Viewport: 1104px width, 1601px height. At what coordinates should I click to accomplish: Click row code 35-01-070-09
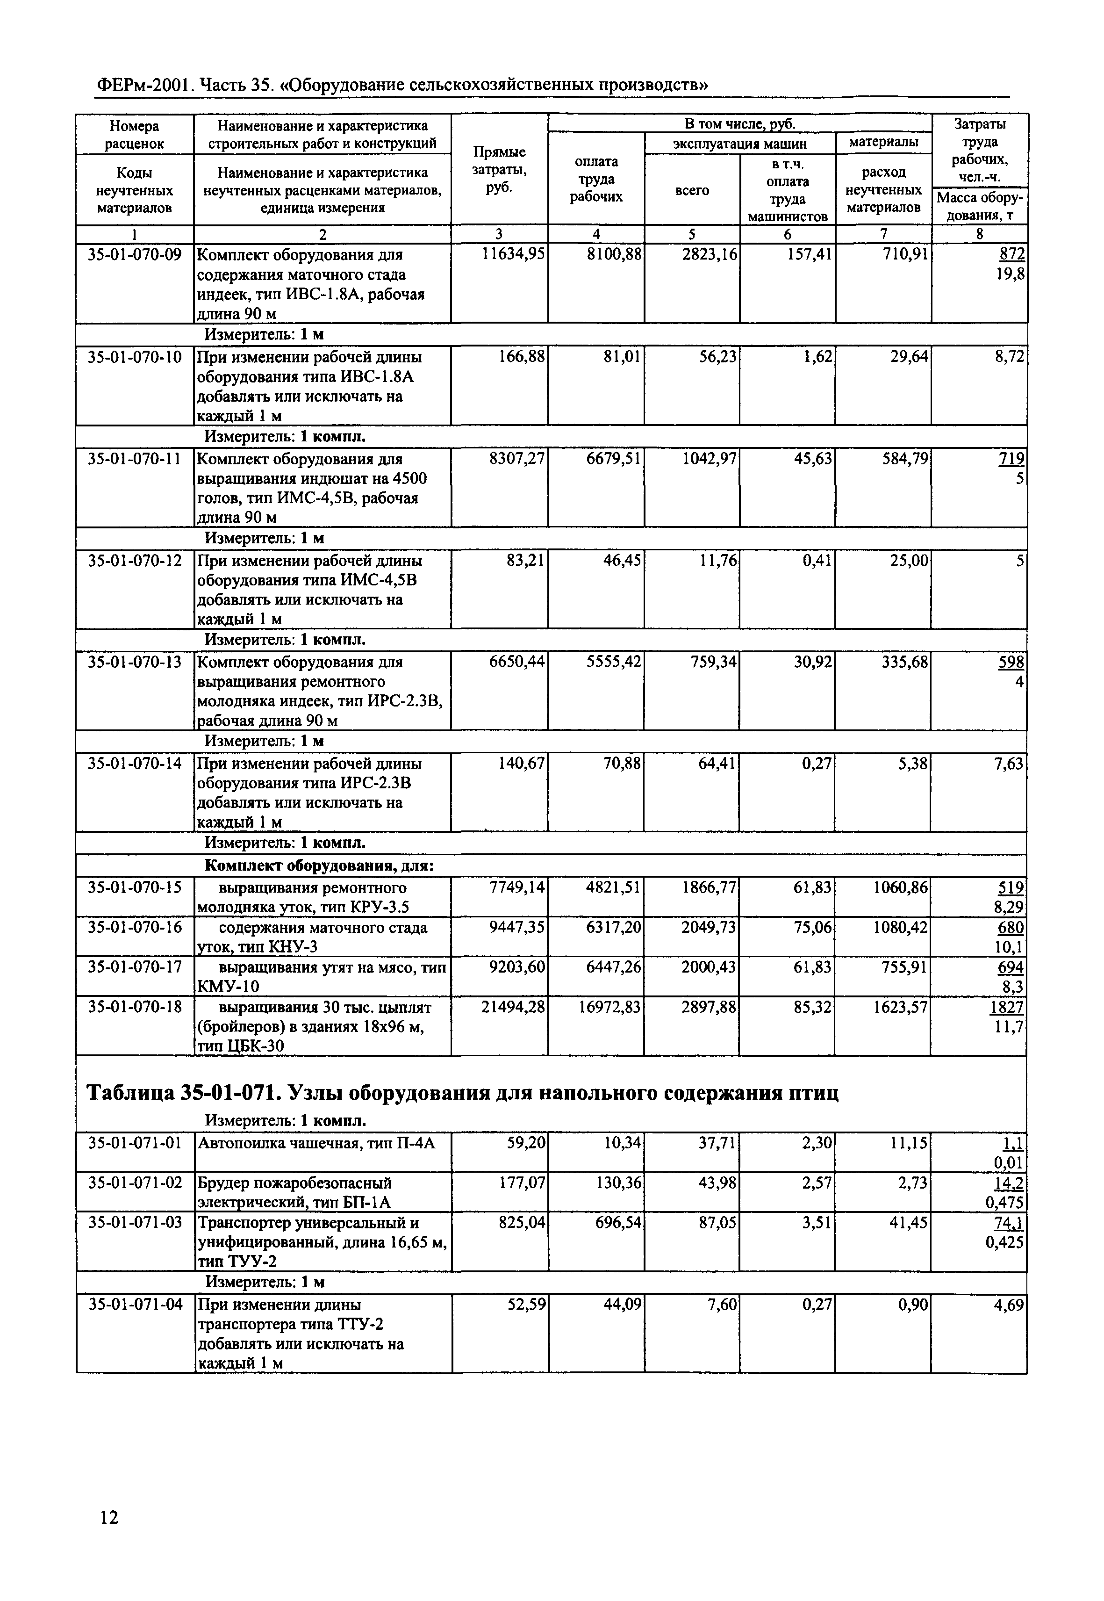point(135,255)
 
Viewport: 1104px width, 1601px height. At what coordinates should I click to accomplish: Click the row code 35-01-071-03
point(135,1223)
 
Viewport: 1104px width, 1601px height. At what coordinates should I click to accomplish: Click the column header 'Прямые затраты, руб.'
point(499,170)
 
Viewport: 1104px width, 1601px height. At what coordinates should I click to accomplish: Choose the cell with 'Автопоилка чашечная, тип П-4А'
point(317,1143)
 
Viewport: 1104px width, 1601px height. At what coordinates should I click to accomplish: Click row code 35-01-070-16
point(135,928)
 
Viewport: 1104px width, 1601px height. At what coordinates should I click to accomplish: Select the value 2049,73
point(708,928)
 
